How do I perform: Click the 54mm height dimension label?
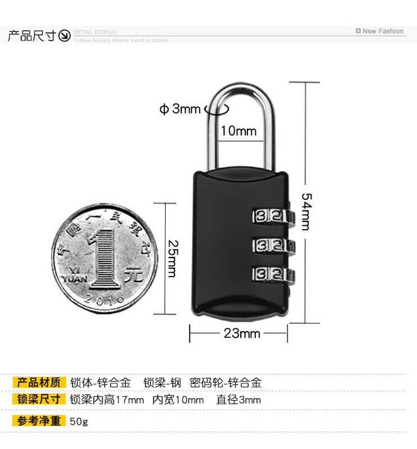click(306, 212)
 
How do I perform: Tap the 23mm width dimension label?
click(242, 333)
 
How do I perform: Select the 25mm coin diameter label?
click(172, 258)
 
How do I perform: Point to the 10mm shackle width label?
click(238, 131)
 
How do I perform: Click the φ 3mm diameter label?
click(180, 109)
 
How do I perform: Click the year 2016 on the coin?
click(105, 299)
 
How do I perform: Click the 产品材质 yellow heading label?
click(39, 383)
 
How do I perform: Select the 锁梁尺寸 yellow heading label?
click(39, 400)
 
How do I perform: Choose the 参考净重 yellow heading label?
click(39, 421)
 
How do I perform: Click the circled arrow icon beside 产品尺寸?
click(65, 36)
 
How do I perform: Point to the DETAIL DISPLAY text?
click(96, 32)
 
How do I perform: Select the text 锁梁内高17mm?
click(107, 400)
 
